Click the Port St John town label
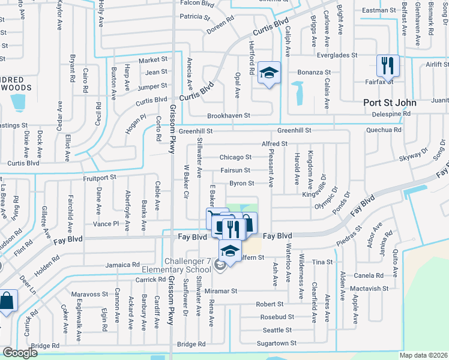(389, 102)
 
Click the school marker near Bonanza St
(269, 73)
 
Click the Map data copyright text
(424, 355)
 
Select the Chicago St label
(235, 157)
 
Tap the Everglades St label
(337, 55)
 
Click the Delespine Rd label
(390, 113)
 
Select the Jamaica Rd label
(122, 265)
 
